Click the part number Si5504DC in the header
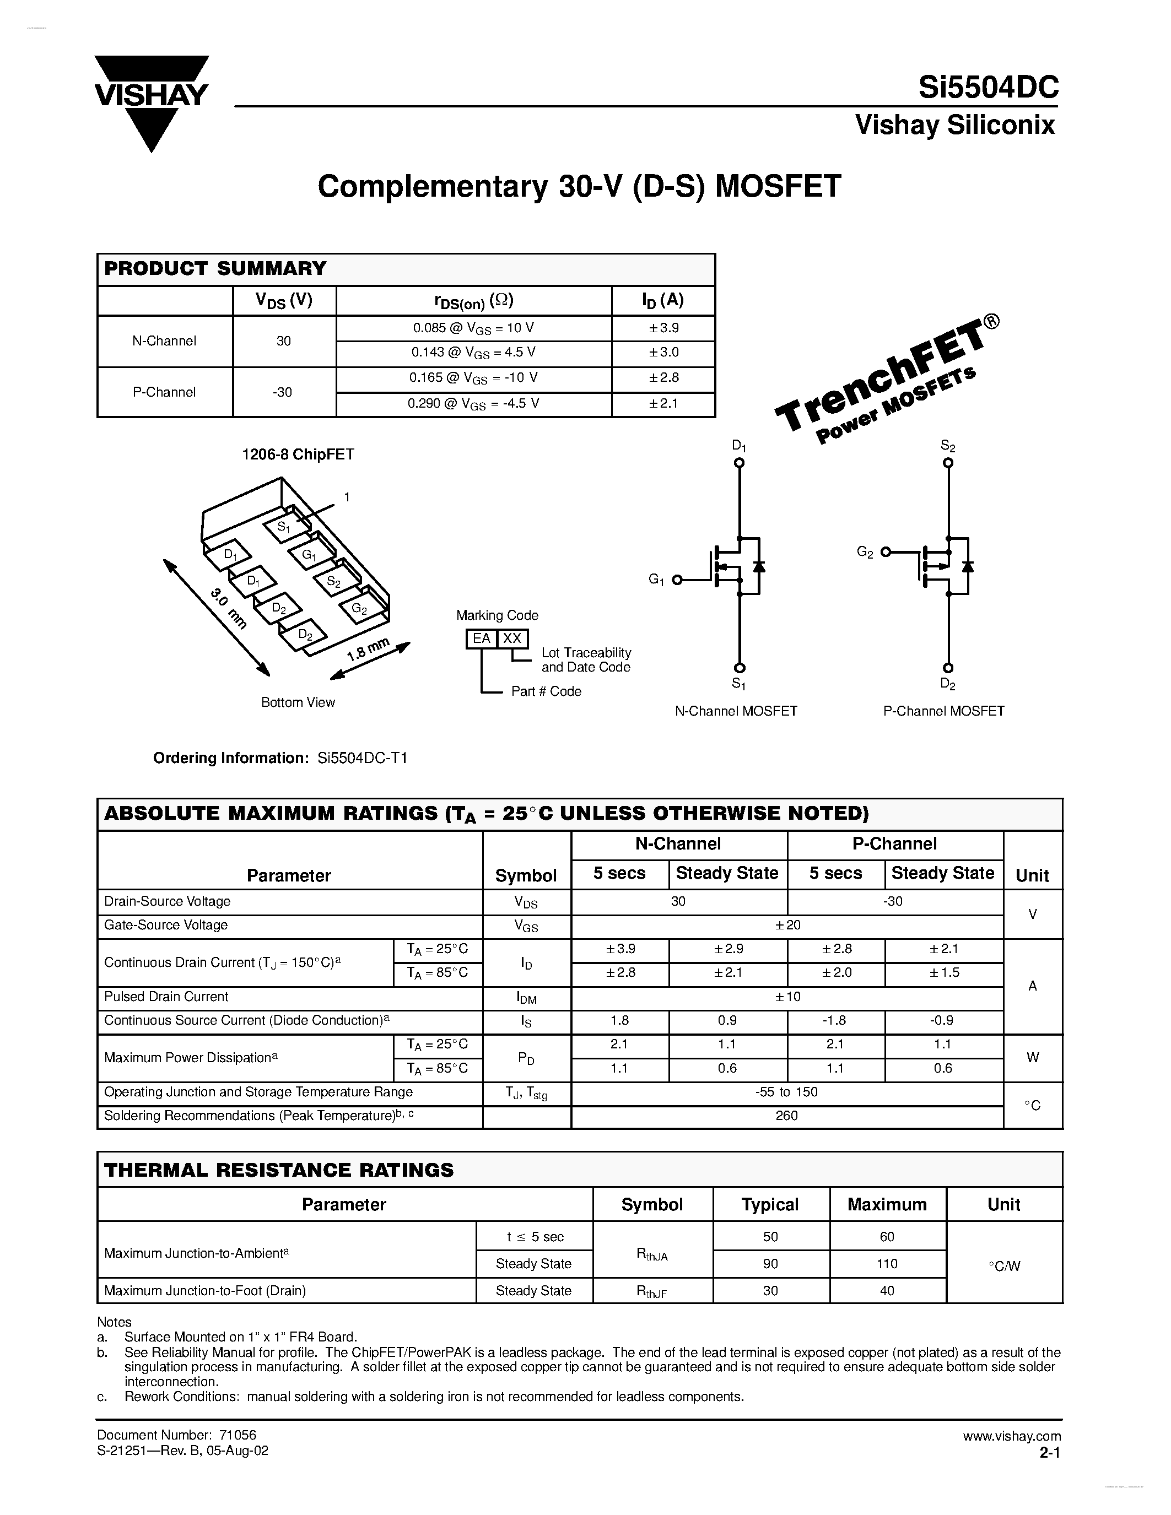point(988,88)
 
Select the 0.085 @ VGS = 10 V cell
point(473,328)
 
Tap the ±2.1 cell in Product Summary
point(663,404)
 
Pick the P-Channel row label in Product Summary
point(164,392)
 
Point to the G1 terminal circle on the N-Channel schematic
point(677,580)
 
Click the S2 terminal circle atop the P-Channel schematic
point(948,463)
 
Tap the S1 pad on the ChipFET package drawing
point(283,527)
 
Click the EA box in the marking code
point(481,638)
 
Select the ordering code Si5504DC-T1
point(362,757)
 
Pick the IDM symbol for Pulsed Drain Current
point(526,998)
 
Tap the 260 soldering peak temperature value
point(787,1116)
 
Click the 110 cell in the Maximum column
point(887,1263)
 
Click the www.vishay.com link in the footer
point(1011,1436)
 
